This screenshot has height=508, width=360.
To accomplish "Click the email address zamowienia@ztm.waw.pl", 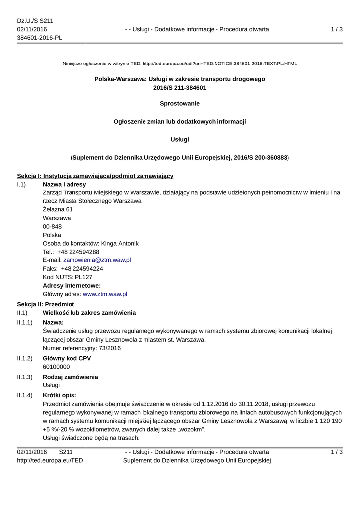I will (97, 260).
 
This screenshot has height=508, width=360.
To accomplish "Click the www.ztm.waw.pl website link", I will (105, 294).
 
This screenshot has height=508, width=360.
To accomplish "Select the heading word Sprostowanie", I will (180, 103).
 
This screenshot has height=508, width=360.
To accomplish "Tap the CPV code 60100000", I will (56, 367).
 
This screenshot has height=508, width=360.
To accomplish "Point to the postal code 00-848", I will (52, 226).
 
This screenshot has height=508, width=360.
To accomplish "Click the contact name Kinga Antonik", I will (120, 243).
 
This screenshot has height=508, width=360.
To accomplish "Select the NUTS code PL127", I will (83, 277).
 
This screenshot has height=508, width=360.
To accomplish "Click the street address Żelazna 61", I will (58, 209).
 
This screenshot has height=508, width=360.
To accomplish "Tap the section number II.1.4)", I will (25, 395).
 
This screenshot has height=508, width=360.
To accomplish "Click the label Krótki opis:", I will (60, 395).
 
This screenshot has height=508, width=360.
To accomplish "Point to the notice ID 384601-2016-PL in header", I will (39, 38).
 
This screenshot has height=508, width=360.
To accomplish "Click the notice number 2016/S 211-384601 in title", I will (180, 88).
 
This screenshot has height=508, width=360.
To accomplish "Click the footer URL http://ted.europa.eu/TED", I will (50, 460).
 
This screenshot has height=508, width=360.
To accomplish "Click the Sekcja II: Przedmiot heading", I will (45, 304).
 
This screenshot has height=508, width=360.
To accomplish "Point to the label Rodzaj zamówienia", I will (71, 377).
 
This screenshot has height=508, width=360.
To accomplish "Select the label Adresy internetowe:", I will (72, 285).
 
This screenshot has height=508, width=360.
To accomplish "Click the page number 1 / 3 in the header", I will (337, 29).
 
